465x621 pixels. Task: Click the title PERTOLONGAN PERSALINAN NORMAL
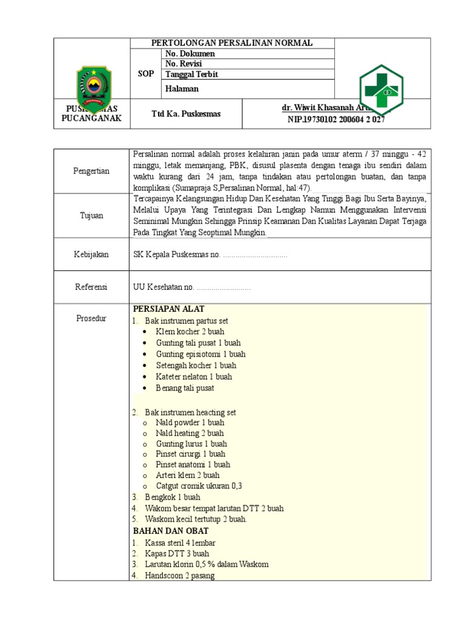click(232, 43)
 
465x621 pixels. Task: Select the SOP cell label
click(145, 74)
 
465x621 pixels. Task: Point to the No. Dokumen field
click(190, 53)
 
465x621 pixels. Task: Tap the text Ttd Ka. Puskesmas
click(186, 113)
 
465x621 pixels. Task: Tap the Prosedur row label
click(91, 318)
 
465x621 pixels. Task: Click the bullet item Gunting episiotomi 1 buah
click(200, 354)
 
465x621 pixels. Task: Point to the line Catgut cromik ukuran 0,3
click(199, 486)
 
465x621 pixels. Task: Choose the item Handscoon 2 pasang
click(180, 576)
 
